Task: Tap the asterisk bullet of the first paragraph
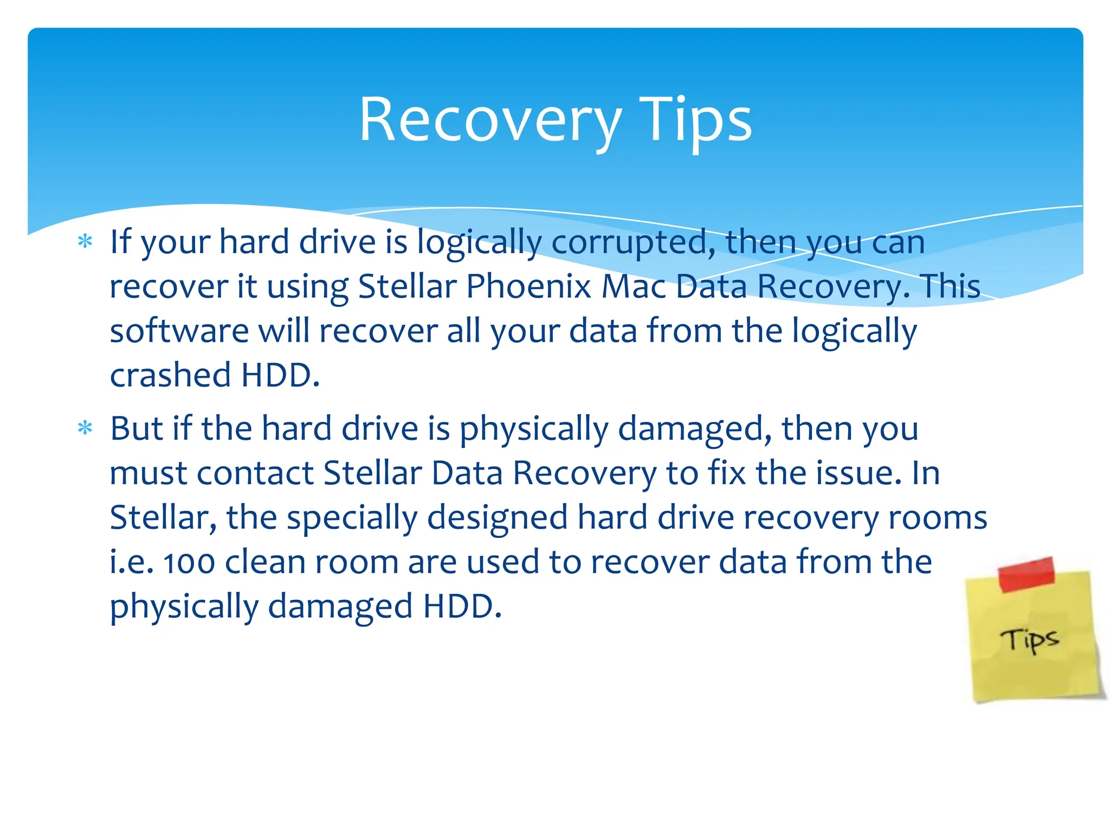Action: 85,241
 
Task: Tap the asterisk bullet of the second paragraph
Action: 85,428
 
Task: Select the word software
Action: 179,331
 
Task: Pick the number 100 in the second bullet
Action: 189,563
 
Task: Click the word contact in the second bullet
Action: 255,473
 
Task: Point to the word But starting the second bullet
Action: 136,428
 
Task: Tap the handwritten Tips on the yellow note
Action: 1029,640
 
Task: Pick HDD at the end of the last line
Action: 458,606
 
